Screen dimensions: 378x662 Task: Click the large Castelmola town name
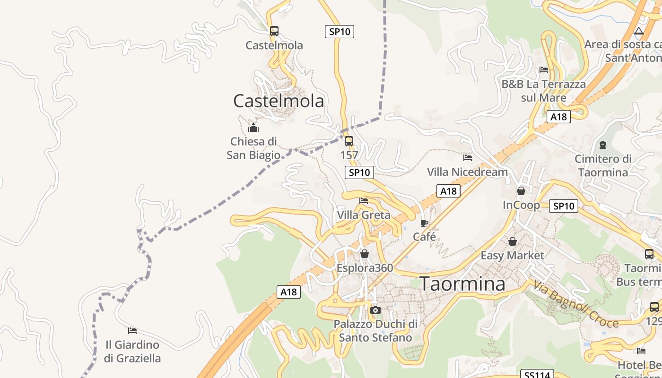coord(279,101)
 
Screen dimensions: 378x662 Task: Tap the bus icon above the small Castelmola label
coord(274,31)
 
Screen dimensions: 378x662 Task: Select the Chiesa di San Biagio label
coord(253,148)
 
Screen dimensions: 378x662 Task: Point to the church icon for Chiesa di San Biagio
coord(253,128)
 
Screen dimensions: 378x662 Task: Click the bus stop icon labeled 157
coord(349,141)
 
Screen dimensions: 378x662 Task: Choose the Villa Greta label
coord(364,215)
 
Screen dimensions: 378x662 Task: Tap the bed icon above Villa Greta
coord(364,201)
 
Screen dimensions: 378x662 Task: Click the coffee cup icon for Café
coord(424,223)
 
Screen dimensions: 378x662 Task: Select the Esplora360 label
coord(365,268)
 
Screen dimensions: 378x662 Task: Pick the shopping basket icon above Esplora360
coord(365,254)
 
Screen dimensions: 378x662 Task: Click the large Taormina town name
coord(462,284)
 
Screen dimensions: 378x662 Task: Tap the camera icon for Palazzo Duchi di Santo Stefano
coord(375,310)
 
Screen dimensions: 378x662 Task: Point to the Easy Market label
coord(512,255)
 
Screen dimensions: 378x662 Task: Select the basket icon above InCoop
coord(521,191)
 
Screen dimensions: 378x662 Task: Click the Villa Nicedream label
coord(467,172)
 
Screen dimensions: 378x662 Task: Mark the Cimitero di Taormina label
coord(603,165)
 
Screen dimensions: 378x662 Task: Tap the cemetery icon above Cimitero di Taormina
coord(603,145)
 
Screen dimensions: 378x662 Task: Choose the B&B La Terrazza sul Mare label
coord(544,91)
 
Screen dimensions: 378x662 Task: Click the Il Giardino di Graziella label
coord(132,351)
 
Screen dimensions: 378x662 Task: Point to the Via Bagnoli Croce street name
coord(576,304)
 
